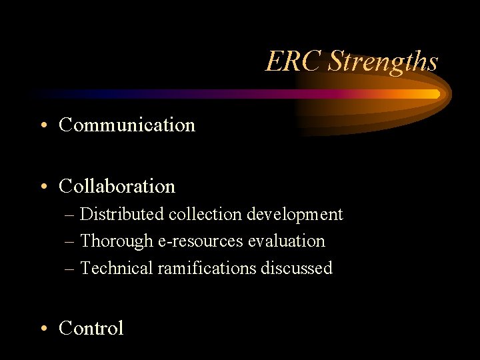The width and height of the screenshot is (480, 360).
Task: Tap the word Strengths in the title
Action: pyautogui.click(x=383, y=62)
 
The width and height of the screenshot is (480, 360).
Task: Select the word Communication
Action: pyautogui.click(x=127, y=125)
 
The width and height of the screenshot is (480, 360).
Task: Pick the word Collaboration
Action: pyautogui.click(x=117, y=186)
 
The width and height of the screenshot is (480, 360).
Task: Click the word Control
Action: pyautogui.click(x=91, y=328)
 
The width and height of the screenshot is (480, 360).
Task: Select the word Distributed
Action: pyautogui.click(x=122, y=215)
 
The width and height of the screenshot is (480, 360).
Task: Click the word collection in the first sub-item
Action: pyautogui.click(x=205, y=215)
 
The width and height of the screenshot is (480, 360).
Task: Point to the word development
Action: pyautogui.click(x=295, y=215)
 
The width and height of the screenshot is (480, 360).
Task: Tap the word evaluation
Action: pyautogui.click(x=287, y=241)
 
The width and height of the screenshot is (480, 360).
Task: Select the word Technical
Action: pyautogui.click(x=116, y=268)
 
